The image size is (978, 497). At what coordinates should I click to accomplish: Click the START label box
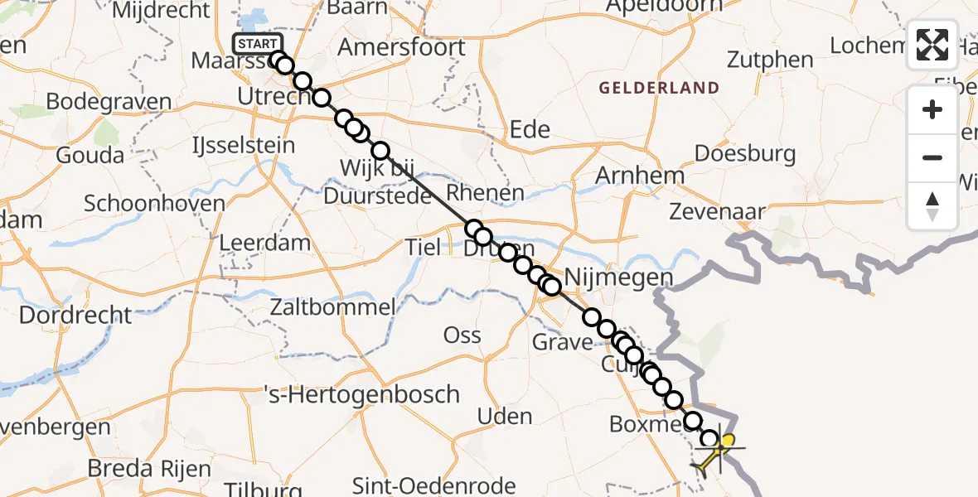pyautogui.click(x=258, y=44)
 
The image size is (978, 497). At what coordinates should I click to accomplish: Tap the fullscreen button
pyautogui.click(x=932, y=45)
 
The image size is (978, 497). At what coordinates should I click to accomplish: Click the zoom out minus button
pyautogui.click(x=932, y=157)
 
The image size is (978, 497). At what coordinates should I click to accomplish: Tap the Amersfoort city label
pyautogui.click(x=402, y=47)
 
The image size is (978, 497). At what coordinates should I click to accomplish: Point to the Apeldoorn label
pyautogui.click(x=663, y=7)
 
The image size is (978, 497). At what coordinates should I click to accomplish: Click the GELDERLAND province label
pyautogui.click(x=659, y=87)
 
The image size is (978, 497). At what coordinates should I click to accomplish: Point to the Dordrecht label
pyautogui.click(x=75, y=315)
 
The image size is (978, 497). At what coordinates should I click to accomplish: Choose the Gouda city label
pyautogui.click(x=90, y=155)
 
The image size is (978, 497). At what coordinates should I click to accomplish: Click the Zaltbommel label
pyautogui.click(x=332, y=307)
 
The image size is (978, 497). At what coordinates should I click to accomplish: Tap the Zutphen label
pyautogui.click(x=770, y=60)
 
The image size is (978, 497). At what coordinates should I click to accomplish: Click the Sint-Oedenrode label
pyautogui.click(x=434, y=485)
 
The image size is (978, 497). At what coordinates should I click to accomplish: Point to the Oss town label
pyautogui.click(x=462, y=335)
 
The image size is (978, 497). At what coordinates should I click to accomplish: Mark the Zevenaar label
pyautogui.click(x=718, y=212)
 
